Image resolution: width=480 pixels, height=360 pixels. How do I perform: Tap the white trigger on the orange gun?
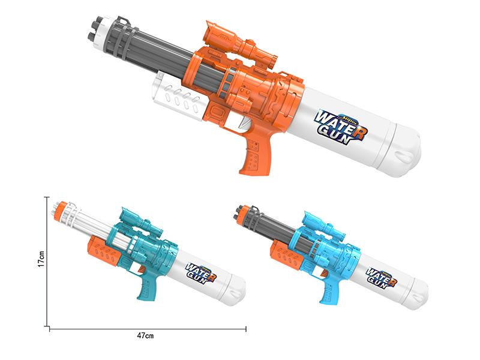pos(243,122)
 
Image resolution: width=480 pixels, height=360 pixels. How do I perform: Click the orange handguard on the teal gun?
pos(103,253)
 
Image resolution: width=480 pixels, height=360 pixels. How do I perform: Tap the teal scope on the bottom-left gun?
pos(140,225)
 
